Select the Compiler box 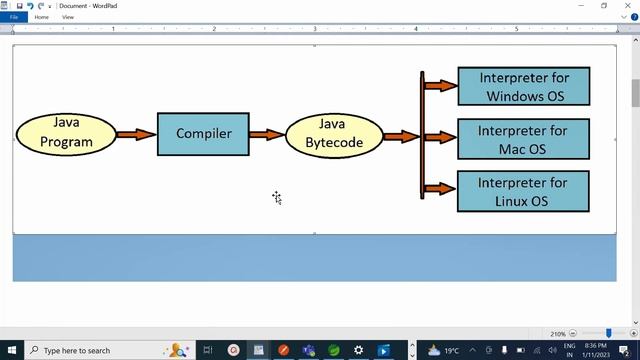click(x=203, y=134)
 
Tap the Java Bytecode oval click(x=333, y=134)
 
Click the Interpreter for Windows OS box click(x=523, y=86)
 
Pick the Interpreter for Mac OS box click(x=523, y=139)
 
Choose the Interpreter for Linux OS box click(x=523, y=191)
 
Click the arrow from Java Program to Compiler click(x=136, y=134)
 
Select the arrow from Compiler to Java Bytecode click(x=266, y=134)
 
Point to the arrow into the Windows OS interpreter click(x=440, y=86)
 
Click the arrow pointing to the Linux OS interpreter click(x=440, y=188)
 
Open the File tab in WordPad click(x=14, y=17)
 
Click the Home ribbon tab click(x=42, y=17)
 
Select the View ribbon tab click(x=67, y=17)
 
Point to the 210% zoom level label click(x=558, y=333)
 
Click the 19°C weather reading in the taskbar click(x=451, y=350)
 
